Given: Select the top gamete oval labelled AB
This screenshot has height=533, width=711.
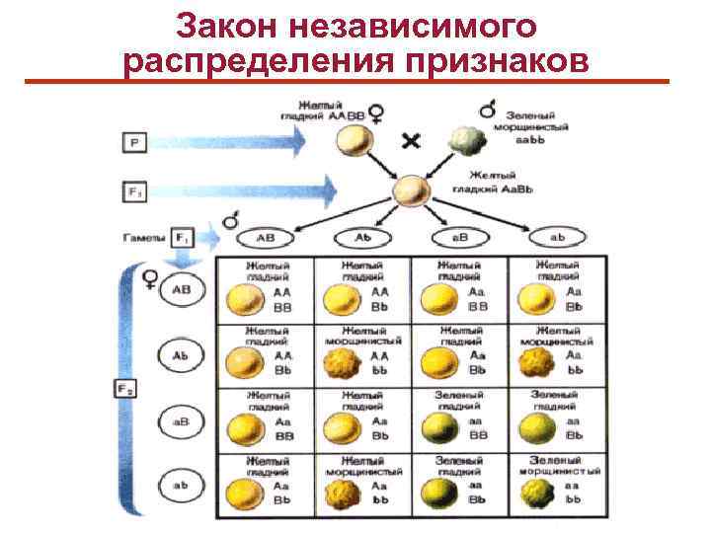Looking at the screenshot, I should (x=265, y=239).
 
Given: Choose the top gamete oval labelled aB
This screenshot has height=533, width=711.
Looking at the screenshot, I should (x=457, y=239).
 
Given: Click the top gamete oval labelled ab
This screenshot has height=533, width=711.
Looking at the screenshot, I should (x=557, y=239).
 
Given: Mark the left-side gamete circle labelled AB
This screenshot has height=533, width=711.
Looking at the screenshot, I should (x=182, y=290).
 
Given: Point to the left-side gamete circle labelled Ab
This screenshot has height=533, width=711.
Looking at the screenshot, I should (x=182, y=354).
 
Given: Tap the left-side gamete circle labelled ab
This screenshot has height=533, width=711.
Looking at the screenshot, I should (x=182, y=486).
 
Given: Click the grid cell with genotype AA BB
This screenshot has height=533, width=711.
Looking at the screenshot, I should (x=264, y=290).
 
